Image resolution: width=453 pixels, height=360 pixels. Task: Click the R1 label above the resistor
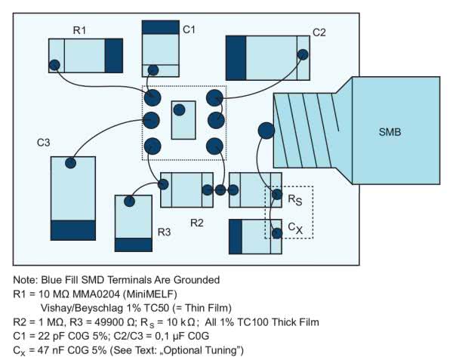click(x=79, y=29)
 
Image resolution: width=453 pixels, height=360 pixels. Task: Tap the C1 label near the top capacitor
click(x=189, y=29)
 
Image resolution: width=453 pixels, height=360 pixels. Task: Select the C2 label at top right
click(x=319, y=32)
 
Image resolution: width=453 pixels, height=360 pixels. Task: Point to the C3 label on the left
click(x=44, y=142)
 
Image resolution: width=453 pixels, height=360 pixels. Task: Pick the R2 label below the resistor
click(x=196, y=223)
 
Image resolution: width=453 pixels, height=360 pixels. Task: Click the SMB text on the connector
click(x=390, y=133)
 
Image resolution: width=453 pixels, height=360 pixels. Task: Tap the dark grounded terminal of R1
click(x=113, y=55)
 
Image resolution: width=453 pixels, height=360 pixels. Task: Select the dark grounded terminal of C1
click(x=159, y=27)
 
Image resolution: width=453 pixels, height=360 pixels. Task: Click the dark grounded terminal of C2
click(x=236, y=57)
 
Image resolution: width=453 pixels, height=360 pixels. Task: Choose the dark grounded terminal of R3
click(x=133, y=245)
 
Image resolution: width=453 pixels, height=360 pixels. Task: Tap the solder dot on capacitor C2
click(x=303, y=54)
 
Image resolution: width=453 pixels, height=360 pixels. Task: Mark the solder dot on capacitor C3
click(x=71, y=163)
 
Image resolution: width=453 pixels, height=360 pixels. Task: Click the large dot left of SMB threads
click(x=266, y=131)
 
